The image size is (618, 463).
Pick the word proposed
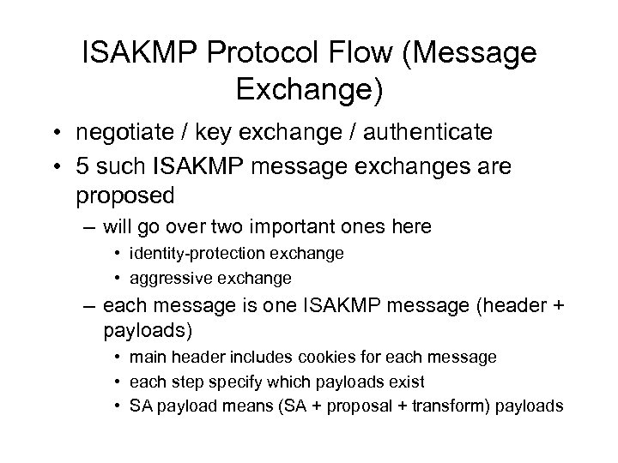pos(125,196)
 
